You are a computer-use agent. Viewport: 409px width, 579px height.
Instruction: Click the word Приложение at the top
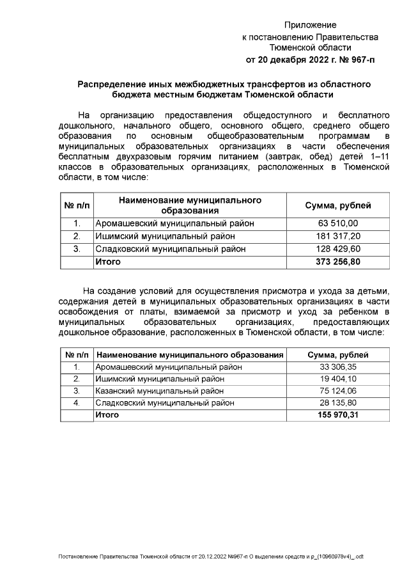coord(310,25)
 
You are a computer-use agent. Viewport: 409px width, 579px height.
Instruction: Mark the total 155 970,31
coord(337,415)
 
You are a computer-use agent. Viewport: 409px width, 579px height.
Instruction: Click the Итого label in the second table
coord(107,415)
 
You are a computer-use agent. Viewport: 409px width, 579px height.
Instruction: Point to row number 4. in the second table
coord(76,403)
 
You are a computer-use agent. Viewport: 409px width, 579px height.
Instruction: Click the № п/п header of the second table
coord(76,355)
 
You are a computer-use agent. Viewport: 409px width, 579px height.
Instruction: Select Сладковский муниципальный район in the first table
coord(170,249)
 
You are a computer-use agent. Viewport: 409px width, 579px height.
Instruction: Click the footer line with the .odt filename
coord(210,557)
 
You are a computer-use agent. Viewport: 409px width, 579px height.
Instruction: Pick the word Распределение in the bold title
coord(108,84)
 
